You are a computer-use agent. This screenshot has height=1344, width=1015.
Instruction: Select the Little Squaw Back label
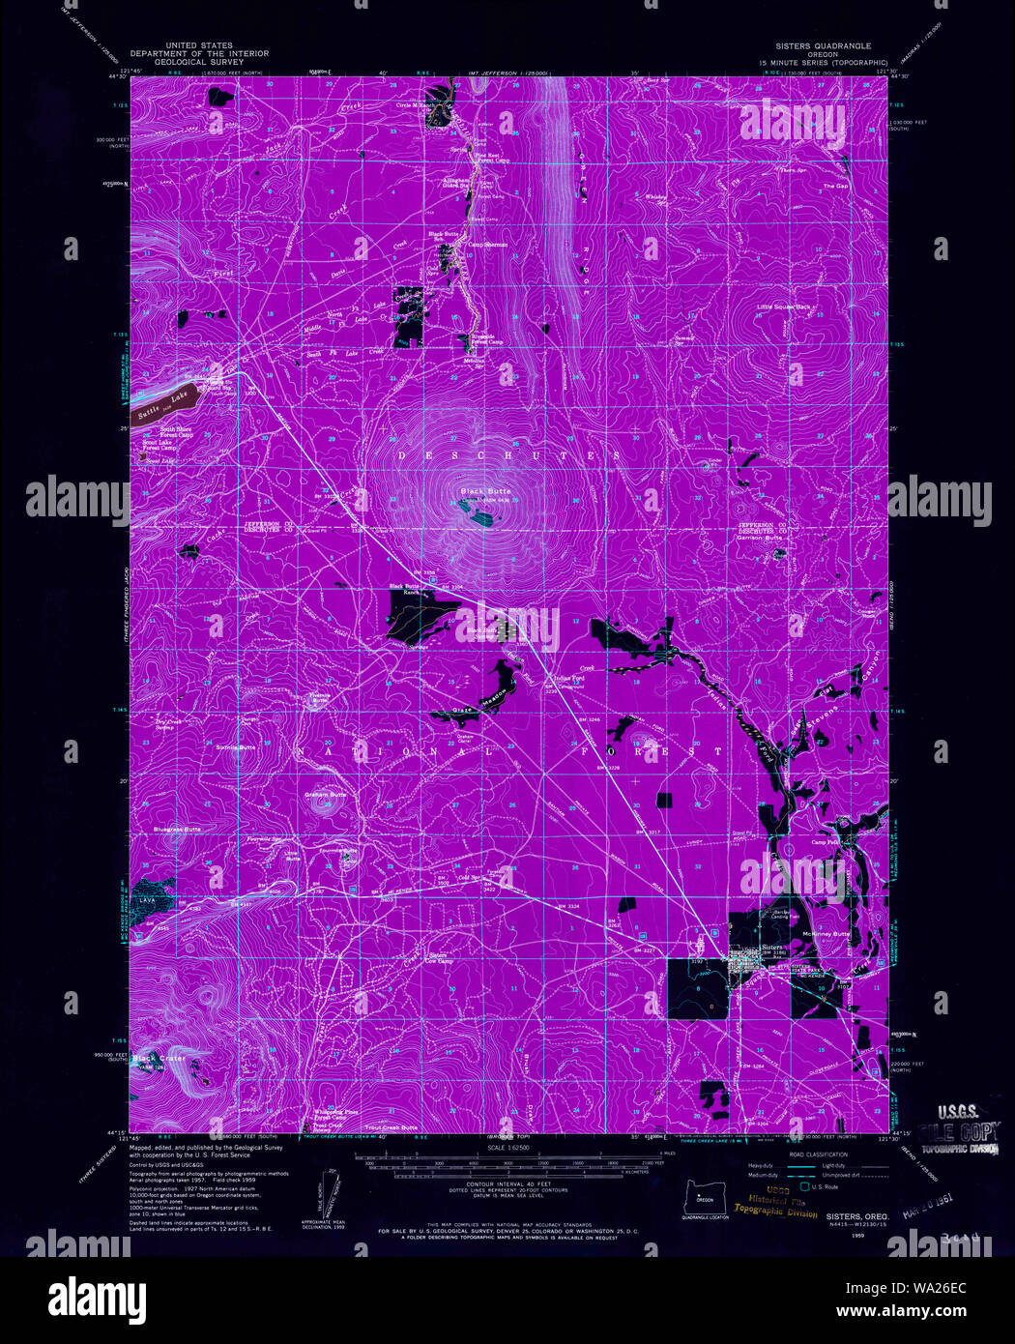(x=784, y=307)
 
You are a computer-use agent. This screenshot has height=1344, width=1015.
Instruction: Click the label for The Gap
(x=835, y=186)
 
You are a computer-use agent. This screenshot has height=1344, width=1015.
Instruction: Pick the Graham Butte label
(x=325, y=795)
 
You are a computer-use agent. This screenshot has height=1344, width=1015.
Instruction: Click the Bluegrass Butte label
(x=177, y=830)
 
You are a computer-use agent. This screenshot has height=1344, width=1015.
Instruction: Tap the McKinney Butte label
(x=826, y=934)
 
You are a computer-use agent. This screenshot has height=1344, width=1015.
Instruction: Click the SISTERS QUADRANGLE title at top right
(x=823, y=45)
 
